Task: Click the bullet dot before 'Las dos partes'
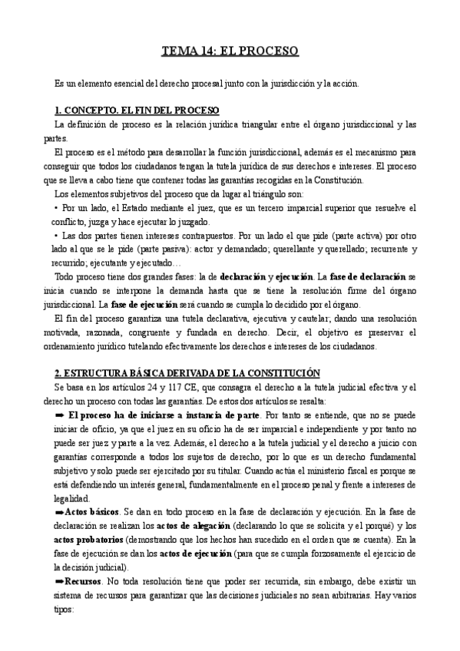pos(56,236)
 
